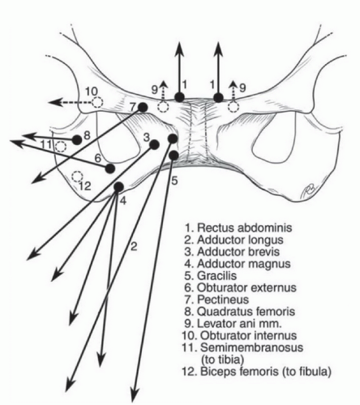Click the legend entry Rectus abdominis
[x=238, y=228]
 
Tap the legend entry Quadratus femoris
[x=240, y=312]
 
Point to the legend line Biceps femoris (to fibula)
[x=256, y=372]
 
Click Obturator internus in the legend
[x=239, y=335]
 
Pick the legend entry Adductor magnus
[x=238, y=263]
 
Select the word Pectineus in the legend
[x=223, y=300]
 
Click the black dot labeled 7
[x=143, y=108]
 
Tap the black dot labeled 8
[x=77, y=140]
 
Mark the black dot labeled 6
[x=109, y=168]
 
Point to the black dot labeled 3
[x=154, y=145]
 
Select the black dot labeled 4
[x=118, y=186]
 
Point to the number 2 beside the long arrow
[x=134, y=246]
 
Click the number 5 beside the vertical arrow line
[x=175, y=181]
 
